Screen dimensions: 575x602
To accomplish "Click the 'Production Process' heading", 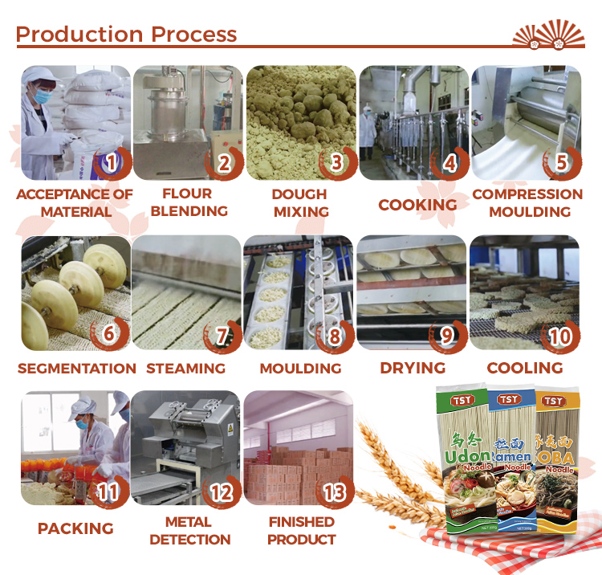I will pos(126,35).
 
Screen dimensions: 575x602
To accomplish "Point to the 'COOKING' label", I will pos(417,204).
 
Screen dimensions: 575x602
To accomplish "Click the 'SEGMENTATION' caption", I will pos(77,368).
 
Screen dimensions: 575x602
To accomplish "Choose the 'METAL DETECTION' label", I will pos(190,530).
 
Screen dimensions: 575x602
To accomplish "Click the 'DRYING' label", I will pos(413,368).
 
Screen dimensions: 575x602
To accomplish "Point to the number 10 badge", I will pos(559,334).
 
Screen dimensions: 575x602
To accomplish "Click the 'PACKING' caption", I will pos(75,528).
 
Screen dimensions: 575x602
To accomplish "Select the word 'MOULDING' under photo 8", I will pos(300,368).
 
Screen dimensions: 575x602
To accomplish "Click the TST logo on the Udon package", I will pos(462,399).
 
